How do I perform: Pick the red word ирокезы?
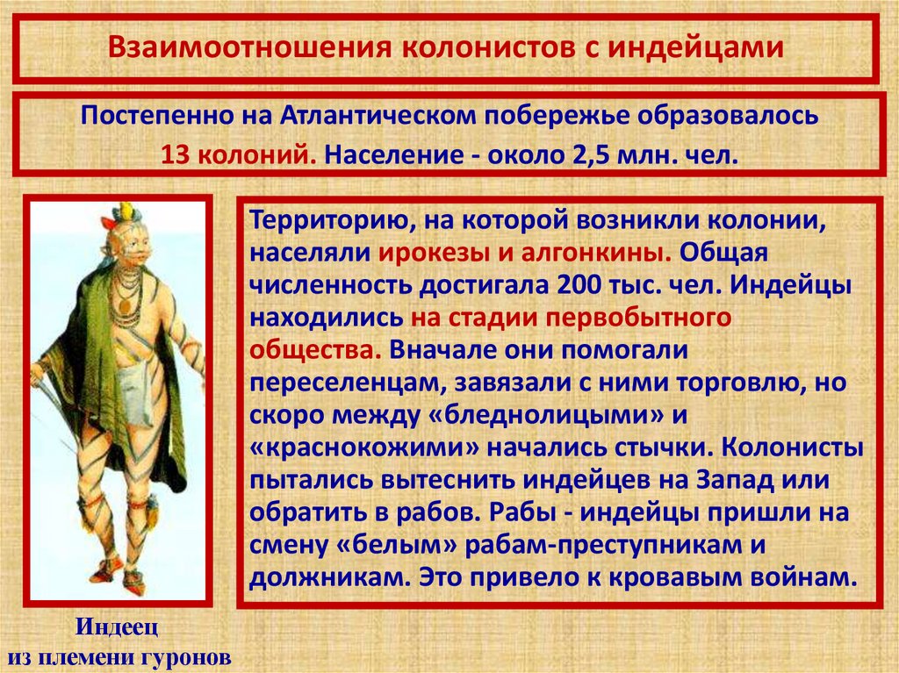[428, 254]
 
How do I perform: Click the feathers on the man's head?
[124, 213]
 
